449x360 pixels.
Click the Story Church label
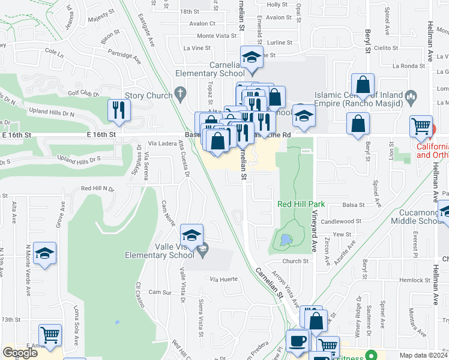pos(148,95)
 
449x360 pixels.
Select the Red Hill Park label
pos(301,204)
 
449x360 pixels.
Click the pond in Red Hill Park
pos(283,241)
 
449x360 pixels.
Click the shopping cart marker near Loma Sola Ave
pos(50,335)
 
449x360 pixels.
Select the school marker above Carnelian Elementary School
pos(252,58)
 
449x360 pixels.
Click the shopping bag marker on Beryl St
pos(363,85)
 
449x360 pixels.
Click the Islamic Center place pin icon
pos(411,96)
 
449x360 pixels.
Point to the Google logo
pos(20,353)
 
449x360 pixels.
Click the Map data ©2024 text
pos(423,355)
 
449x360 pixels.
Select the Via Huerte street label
pos(224,279)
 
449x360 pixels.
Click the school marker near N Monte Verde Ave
pos(44,254)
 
